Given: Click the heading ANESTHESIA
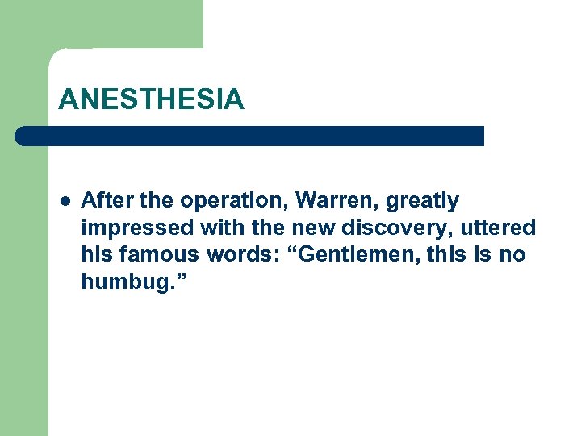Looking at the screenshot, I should coord(151,99).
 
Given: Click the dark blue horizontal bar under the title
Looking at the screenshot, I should coord(250,136).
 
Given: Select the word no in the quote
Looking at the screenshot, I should coord(512,256).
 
